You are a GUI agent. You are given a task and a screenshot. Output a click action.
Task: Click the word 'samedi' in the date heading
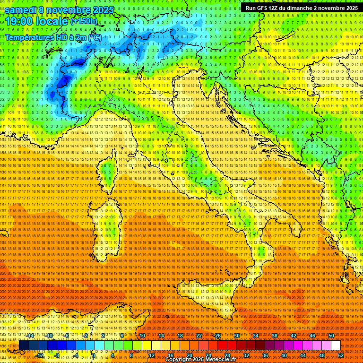(x=22, y=9)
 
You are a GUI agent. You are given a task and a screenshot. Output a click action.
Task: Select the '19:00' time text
(x=21, y=21)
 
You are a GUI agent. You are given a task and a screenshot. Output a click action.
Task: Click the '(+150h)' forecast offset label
(x=84, y=21)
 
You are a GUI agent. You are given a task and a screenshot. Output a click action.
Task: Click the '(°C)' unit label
(x=94, y=37)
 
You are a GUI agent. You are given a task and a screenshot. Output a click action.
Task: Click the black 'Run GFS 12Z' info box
(x=301, y=8)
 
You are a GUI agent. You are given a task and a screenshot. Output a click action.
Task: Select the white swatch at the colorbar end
(x=336, y=346)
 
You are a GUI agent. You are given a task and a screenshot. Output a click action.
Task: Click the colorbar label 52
(x=341, y=355)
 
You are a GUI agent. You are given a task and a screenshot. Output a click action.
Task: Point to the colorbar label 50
(x=331, y=336)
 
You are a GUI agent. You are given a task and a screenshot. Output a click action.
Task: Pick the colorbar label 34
(x=256, y=336)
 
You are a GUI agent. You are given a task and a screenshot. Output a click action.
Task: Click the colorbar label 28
(x=227, y=355)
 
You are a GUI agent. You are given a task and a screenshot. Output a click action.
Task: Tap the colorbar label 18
(x=180, y=336)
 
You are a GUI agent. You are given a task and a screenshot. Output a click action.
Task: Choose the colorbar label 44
(x=303, y=355)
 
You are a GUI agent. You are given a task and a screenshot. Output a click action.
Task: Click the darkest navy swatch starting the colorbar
(x=24, y=346)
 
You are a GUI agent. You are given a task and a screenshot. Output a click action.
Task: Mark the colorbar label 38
(x=275, y=336)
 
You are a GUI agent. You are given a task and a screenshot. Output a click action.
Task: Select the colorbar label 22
(x=199, y=336)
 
